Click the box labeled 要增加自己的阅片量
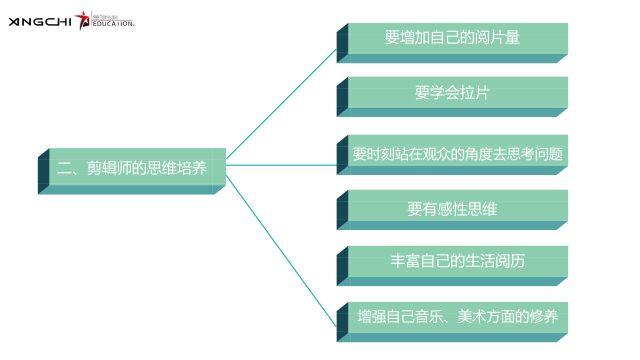[452, 38]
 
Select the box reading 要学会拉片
[452, 93]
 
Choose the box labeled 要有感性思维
[452, 209]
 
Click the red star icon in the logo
[82, 19]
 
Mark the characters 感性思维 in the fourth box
[466, 209]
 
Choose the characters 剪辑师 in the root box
[111, 167]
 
